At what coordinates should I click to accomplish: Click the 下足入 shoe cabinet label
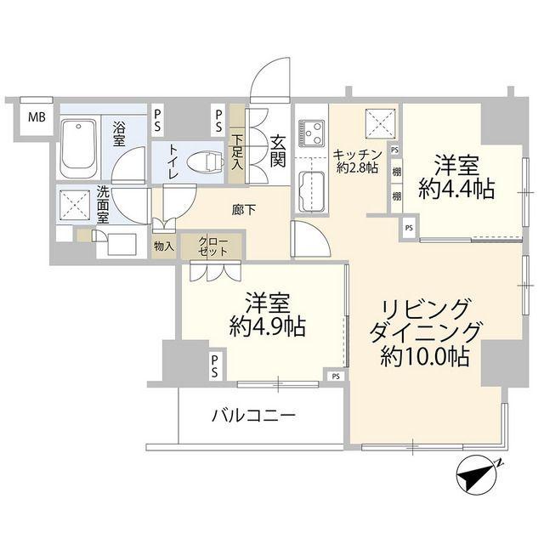(x=239, y=153)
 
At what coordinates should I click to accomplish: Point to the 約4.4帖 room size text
(x=456, y=190)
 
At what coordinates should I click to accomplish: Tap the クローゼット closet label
(x=212, y=246)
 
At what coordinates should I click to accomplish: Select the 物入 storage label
(x=163, y=247)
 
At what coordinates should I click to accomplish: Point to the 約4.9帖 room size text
(x=267, y=326)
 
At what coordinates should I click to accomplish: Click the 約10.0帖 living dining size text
(x=425, y=356)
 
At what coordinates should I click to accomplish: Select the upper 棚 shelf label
(x=397, y=173)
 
